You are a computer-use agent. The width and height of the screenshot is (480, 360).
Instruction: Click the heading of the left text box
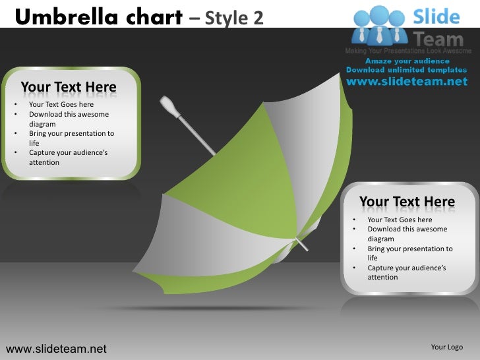click(69, 87)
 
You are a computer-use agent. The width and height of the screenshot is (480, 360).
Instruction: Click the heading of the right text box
click(407, 201)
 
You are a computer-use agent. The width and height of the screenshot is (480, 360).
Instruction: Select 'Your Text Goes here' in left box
click(61, 104)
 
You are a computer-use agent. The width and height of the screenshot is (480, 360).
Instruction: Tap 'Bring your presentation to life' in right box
click(409, 253)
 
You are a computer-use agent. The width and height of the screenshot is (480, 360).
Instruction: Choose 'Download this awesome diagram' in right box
click(407, 234)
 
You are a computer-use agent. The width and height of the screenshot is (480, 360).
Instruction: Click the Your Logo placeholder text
click(446, 347)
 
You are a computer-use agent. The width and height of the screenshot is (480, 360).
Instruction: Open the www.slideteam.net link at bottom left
click(56, 348)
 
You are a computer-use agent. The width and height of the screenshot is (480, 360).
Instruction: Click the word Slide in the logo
click(436, 16)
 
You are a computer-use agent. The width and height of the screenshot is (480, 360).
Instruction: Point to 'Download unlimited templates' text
click(406, 70)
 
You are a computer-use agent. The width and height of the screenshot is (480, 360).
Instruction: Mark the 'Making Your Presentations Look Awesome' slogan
click(408, 51)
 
